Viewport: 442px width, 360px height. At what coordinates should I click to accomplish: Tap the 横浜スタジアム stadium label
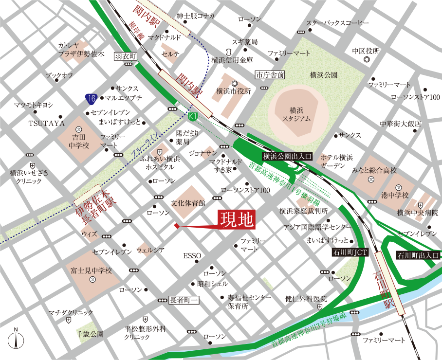click(296, 114)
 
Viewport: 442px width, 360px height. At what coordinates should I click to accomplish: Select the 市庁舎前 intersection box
click(270, 75)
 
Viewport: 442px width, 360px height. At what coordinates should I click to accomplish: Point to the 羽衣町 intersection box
click(126, 56)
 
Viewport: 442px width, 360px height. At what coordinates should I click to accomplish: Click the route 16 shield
click(91, 99)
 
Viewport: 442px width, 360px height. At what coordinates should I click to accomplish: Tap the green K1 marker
click(193, 117)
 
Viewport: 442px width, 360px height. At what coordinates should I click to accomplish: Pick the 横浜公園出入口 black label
click(287, 157)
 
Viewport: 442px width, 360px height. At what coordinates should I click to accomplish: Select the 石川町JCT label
click(350, 252)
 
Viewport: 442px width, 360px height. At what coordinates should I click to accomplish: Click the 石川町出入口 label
click(418, 254)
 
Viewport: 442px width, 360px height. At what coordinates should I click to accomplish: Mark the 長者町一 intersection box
click(184, 301)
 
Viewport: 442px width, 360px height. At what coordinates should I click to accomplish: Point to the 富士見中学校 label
click(92, 270)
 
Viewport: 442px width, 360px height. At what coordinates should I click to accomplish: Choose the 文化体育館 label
click(187, 202)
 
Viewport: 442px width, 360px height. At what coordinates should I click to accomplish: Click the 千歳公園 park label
click(90, 335)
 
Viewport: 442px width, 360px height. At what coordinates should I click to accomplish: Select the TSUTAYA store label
click(47, 124)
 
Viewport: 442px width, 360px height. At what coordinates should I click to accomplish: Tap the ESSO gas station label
click(192, 256)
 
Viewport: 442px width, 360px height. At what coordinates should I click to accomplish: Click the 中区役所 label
click(366, 51)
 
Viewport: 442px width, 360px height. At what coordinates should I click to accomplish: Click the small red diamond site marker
click(177, 226)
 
